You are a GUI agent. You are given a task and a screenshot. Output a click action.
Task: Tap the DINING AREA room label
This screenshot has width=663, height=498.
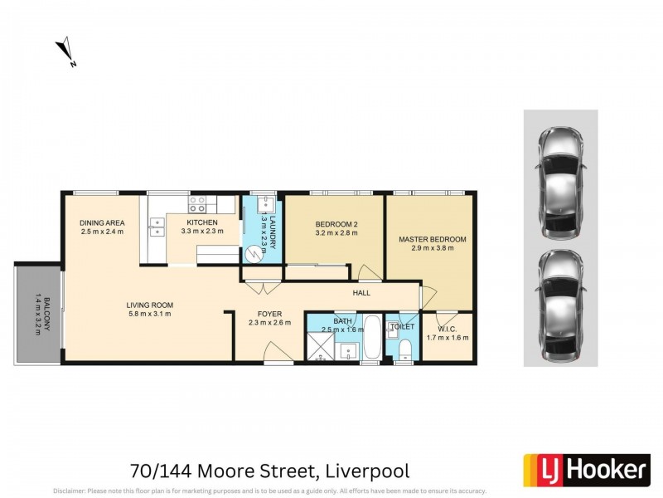pyautogui.click(x=102, y=222)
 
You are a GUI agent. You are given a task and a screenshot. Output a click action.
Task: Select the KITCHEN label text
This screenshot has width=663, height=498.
pyautogui.click(x=202, y=222)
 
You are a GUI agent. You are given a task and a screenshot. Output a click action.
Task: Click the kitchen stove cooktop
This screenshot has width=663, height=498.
pyautogui.click(x=198, y=202)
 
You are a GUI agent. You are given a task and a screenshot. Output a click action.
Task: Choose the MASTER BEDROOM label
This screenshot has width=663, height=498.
pyautogui.click(x=432, y=239)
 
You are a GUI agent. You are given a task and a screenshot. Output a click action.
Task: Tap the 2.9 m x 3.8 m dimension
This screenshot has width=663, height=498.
pyautogui.click(x=432, y=248)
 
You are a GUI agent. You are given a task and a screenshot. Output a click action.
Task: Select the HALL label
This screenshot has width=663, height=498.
pyautogui.click(x=361, y=293)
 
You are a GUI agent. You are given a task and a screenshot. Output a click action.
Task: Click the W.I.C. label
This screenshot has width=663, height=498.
pyautogui.click(x=448, y=328)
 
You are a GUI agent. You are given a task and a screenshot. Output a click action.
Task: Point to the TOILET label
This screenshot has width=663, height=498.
pyautogui.click(x=403, y=327)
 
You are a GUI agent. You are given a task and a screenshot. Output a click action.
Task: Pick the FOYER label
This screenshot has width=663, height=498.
pyautogui.click(x=269, y=314)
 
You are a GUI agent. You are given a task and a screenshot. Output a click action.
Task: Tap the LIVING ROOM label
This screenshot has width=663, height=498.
pyautogui.click(x=150, y=305)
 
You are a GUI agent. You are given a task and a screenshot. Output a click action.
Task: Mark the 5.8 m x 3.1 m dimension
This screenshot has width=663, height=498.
pyautogui.click(x=150, y=314)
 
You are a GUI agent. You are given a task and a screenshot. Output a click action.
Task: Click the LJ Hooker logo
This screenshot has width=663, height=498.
pyautogui.click(x=583, y=470)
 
